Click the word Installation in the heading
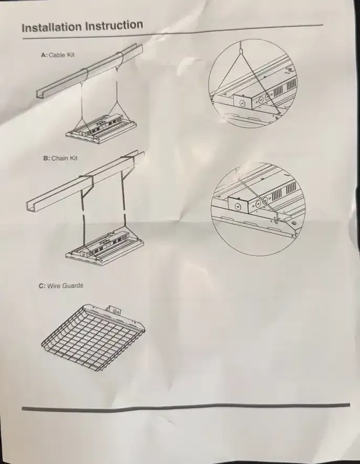tap(52, 27)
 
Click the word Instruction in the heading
tap(114, 25)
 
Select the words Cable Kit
tap(62, 55)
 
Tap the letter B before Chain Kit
tap(46, 158)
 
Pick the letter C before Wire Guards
tap(42, 286)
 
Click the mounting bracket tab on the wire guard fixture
tap(114, 310)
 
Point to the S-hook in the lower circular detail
tap(276, 219)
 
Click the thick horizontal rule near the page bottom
tap(186, 406)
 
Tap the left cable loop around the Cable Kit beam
tap(83, 75)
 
